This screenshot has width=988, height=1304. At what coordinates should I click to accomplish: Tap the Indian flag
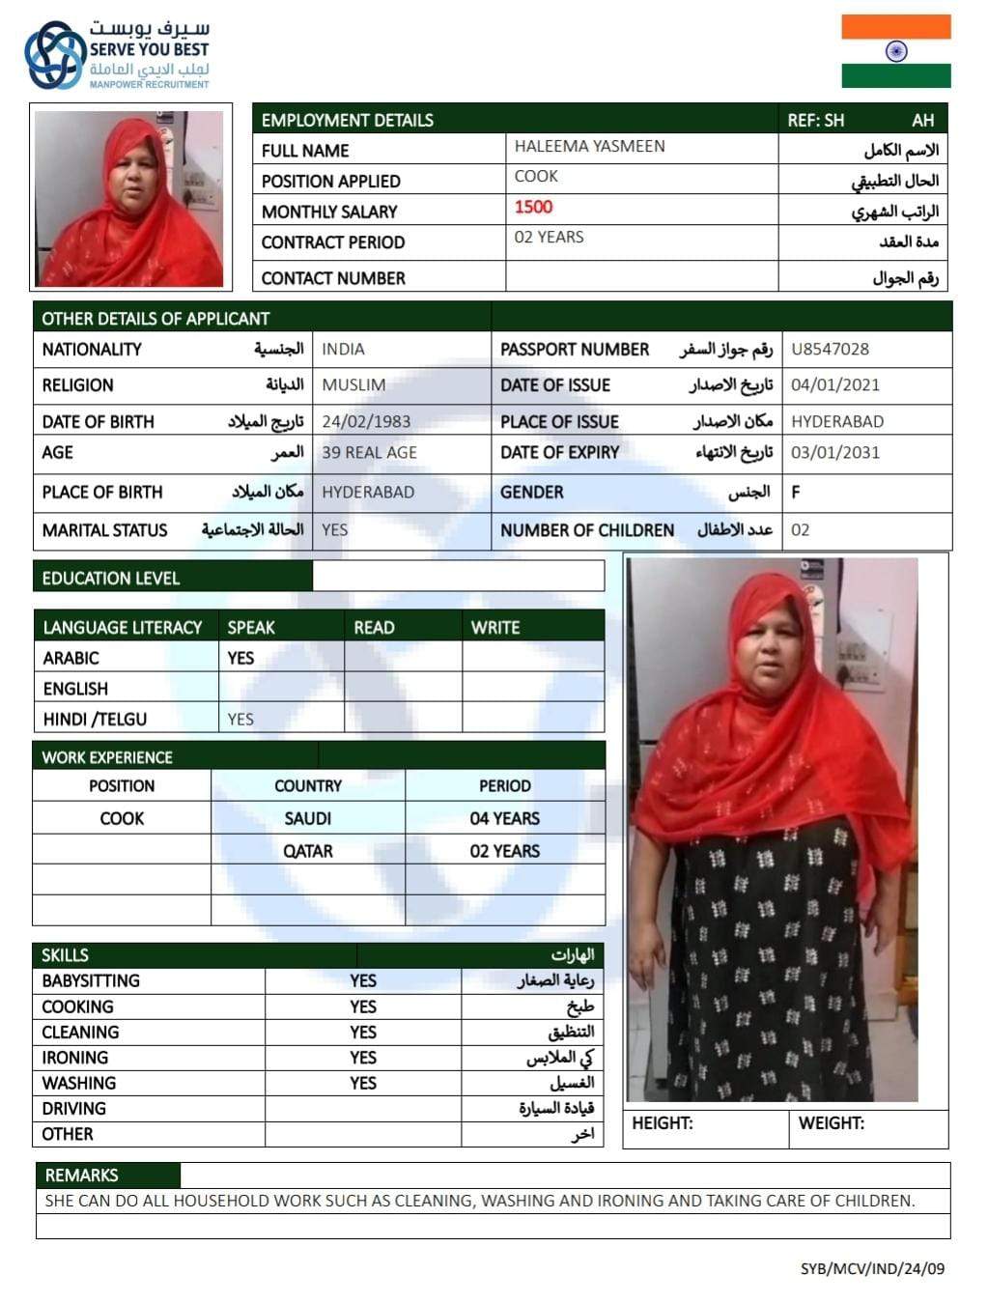[895, 51]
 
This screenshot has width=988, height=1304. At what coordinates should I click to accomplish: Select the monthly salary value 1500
[533, 207]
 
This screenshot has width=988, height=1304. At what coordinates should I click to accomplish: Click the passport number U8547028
[830, 349]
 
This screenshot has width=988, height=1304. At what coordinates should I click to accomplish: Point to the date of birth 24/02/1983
[366, 421]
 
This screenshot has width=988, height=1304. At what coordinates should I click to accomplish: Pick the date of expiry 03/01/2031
[835, 452]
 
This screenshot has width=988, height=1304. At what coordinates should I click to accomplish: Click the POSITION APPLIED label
[330, 181]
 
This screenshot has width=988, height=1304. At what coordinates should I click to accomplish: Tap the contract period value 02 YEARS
[549, 237]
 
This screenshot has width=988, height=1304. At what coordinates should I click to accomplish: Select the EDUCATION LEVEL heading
[110, 578]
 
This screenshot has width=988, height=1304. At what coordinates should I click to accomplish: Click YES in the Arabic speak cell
[240, 658]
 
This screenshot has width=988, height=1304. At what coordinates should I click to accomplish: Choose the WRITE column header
[495, 627]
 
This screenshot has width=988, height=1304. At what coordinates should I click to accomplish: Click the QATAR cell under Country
[307, 851]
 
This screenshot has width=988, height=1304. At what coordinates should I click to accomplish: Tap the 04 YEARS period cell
[504, 818]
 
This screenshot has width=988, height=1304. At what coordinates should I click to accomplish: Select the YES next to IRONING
[363, 1058]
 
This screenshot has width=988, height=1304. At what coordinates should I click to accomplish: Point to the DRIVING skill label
[73, 1108]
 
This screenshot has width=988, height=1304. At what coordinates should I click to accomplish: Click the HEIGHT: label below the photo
[662, 1123]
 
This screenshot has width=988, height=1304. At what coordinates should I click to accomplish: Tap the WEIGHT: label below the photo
[831, 1123]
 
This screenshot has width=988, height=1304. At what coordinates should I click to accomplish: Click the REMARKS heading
[81, 1175]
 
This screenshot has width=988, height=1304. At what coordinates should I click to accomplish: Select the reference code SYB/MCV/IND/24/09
[872, 1268]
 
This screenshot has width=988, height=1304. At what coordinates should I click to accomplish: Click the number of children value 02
[800, 529]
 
